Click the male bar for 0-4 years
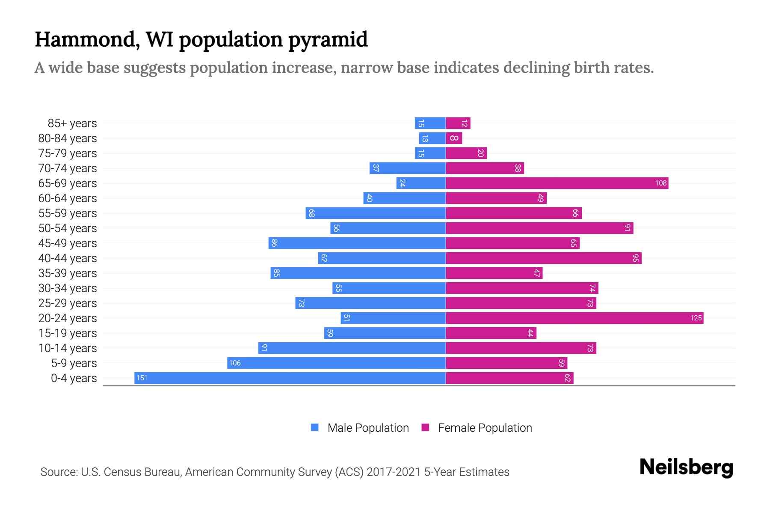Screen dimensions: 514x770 290,378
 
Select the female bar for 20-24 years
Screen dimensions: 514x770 575,318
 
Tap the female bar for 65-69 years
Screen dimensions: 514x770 557,183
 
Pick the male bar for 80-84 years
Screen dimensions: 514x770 432,138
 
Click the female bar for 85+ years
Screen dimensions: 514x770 458,123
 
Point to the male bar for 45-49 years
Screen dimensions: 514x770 357,243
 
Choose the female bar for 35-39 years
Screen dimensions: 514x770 494,273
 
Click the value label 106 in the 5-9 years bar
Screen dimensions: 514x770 235,363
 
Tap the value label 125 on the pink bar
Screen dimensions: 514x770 696,318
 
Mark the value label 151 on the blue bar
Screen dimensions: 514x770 142,378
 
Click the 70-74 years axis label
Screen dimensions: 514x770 68,168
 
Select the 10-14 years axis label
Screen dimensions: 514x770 68,348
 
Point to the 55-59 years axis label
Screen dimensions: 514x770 68,213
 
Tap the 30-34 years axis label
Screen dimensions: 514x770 68,288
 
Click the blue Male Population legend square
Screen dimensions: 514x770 315,427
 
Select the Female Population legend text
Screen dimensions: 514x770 485,427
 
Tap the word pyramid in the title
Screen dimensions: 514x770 328,40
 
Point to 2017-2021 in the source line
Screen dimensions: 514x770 393,472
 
